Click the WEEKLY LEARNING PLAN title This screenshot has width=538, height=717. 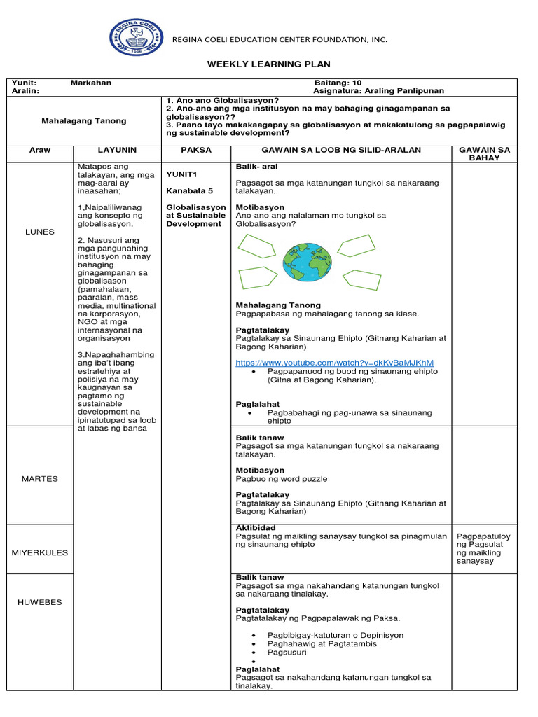(x=268, y=64)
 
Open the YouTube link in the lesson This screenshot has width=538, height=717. (x=335, y=362)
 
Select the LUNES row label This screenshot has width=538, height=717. (x=39, y=232)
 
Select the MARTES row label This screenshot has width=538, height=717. (x=39, y=479)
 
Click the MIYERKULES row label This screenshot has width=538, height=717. (x=40, y=552)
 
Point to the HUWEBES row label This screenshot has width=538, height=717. (x=39, y=602)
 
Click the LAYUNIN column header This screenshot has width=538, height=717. (x=117, y=150)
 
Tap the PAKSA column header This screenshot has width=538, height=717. (x=195, y=150)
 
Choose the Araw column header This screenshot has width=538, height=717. (x=40, y=150)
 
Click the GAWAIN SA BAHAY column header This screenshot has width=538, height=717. (x=484, y=154)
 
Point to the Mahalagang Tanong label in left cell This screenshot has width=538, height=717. (x=85, y=120)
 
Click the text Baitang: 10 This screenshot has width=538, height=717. (x=338, y=83)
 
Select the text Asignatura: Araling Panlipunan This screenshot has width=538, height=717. (x=378, y=91)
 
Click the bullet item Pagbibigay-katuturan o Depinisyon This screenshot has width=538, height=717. (x=335, y=635)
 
